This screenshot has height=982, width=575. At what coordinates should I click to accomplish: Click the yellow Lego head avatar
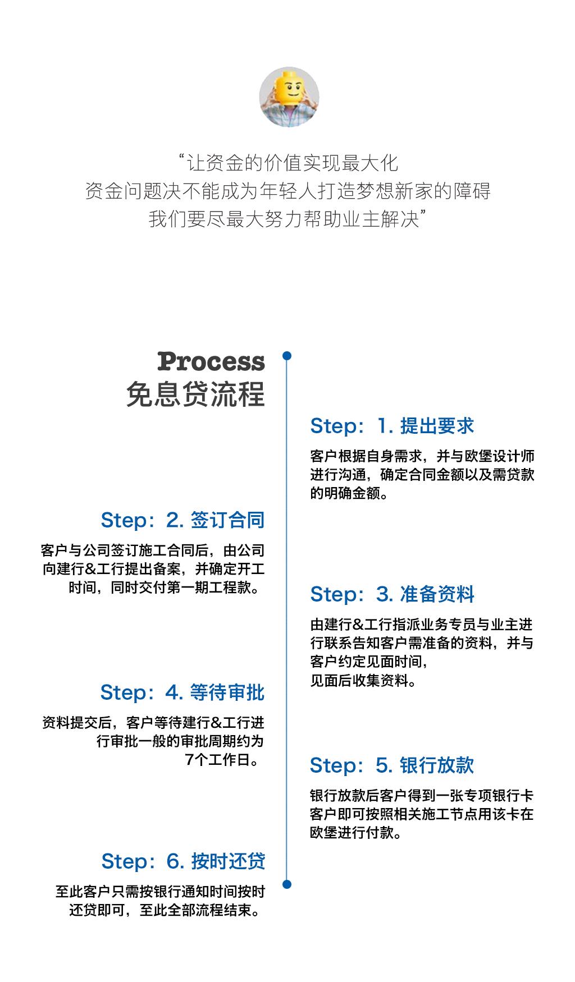(x=289, y=97)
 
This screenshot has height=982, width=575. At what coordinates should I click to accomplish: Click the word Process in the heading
(x=211, y=361)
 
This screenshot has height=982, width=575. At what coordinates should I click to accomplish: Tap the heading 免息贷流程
(x=195, y=394)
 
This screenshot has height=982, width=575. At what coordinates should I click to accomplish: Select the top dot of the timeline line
(x=287, y=356)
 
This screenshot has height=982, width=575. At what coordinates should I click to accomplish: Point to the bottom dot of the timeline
(x=287, y=884)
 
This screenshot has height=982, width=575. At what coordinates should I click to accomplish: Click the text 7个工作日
(x=223, y=760)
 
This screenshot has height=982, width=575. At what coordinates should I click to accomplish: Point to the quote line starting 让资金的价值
(x=287, y=163)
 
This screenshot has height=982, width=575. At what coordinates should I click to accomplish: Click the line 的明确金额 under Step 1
(x=349, y=493)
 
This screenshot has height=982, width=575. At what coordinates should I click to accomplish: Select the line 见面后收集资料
(x=364, y=681)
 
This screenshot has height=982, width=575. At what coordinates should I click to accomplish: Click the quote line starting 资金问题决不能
(x=287, y=191)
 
